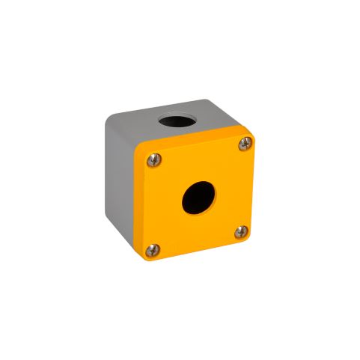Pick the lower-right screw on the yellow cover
(240, 233)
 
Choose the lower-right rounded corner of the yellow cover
(248, 240)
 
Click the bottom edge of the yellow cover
(196, 251)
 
